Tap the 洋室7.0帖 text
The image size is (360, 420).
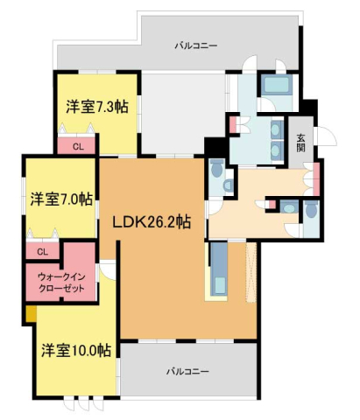60,199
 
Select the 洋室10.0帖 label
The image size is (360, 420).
75,350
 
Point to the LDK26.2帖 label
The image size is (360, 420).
151,222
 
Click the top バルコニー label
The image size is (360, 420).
195,44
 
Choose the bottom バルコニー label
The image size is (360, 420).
188,371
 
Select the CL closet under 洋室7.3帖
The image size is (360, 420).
78,147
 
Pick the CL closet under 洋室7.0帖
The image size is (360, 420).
41,251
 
